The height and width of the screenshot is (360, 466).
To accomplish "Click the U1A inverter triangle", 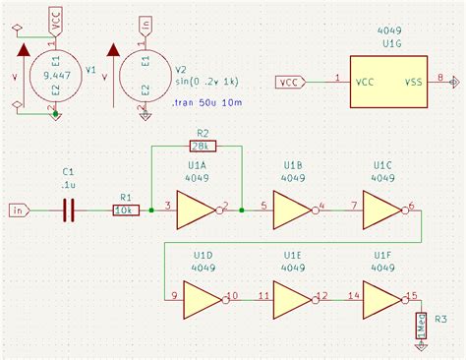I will (x=199, y=210).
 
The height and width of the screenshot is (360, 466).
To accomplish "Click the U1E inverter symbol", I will (x=290, y=296).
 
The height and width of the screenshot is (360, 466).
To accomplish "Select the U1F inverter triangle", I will (x=381, y=296).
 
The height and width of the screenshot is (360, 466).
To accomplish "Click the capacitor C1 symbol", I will (x=68, y=210).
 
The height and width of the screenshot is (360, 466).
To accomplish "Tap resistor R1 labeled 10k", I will (x=125, y=210).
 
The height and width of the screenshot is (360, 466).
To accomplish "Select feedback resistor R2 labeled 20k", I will (x=203, y=146).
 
